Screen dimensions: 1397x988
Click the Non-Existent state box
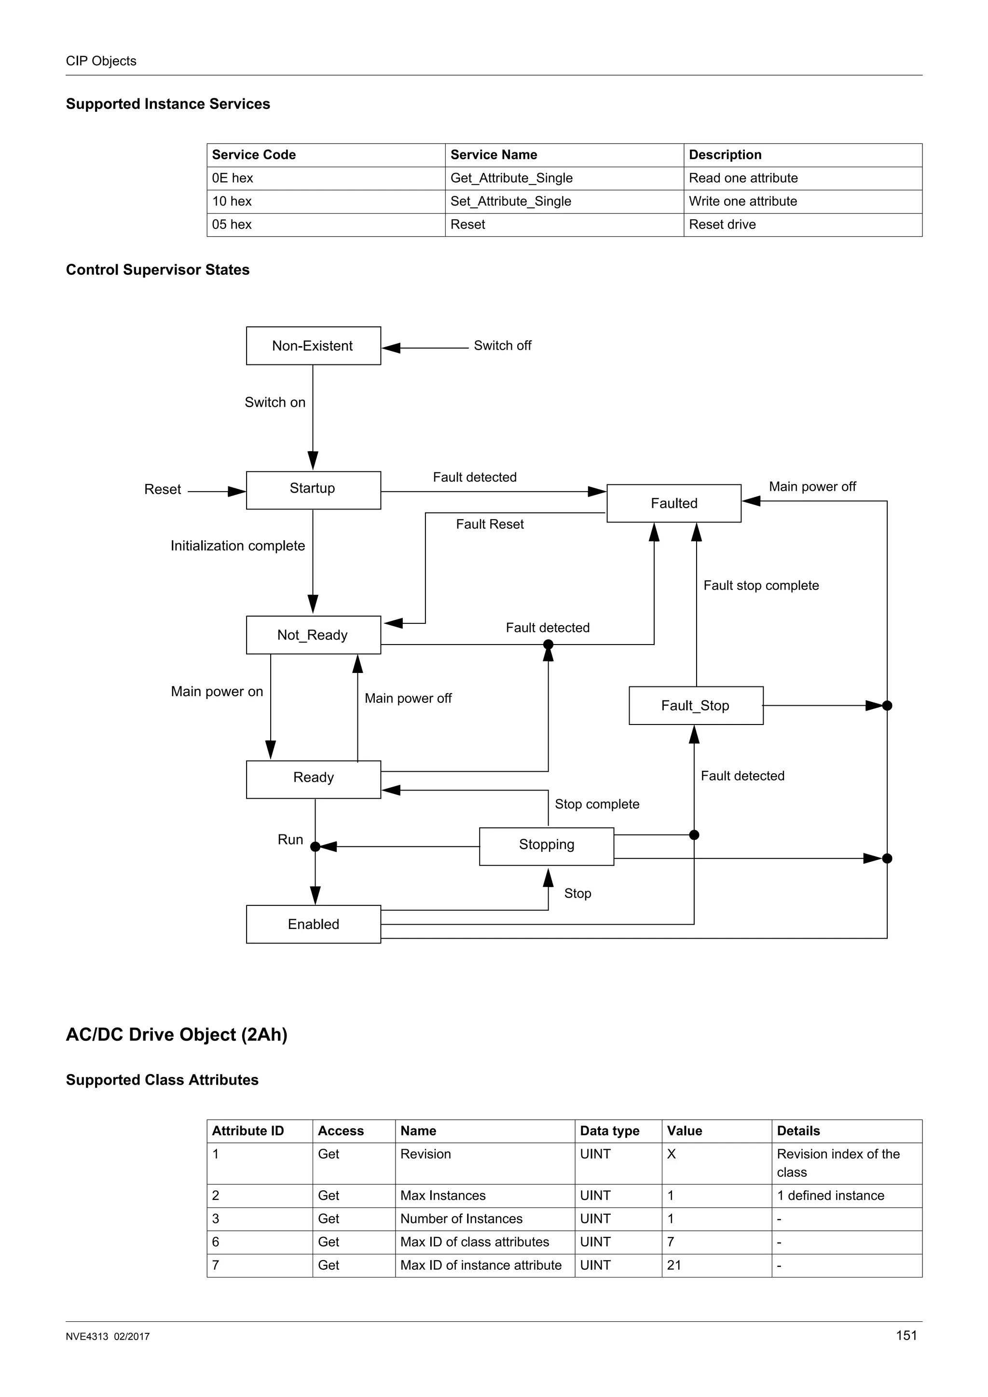[313, 346]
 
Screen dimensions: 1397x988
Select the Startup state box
[313, 490]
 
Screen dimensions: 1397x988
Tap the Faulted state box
[674, 503]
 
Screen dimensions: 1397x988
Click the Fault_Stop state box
[695, 705]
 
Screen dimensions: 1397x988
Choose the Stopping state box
[546, 846]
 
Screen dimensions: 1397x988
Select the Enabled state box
[313, 924]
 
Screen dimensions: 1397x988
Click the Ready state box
[313, 779]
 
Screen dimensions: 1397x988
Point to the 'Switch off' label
[502, 346]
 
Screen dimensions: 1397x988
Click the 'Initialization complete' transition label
[237, 546]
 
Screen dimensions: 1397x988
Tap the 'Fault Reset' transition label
[490, 524]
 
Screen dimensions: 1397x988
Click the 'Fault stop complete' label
[761, 585]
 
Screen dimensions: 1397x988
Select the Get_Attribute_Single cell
[511, 178]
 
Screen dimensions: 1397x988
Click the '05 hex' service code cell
[232, 225]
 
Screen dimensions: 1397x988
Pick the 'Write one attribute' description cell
[742, 201]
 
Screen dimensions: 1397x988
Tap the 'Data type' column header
[609, 1130]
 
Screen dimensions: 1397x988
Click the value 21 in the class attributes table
[674, 1265]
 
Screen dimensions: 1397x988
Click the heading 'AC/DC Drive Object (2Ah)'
[177, 1034]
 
